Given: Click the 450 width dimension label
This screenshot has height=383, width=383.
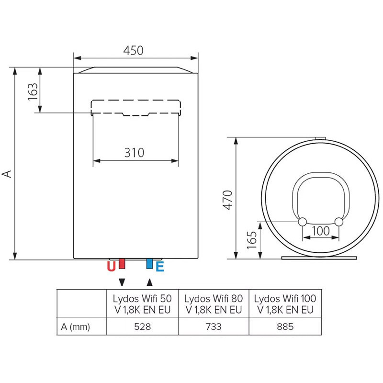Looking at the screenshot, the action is (133, 51).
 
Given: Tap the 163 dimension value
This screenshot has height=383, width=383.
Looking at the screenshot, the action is (33, 92).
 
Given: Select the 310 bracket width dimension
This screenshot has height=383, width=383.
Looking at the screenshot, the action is (134, 153).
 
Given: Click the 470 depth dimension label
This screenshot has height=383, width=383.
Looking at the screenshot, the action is (227, 200).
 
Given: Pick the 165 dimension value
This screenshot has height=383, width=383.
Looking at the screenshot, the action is (252, 240).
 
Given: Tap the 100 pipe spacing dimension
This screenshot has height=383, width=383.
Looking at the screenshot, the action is (321, 231).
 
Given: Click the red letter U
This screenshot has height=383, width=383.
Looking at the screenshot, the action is (111, 267).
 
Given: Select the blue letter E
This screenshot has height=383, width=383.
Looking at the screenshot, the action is (160, 267).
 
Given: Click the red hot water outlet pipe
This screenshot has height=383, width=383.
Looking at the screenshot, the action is (122, 263).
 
